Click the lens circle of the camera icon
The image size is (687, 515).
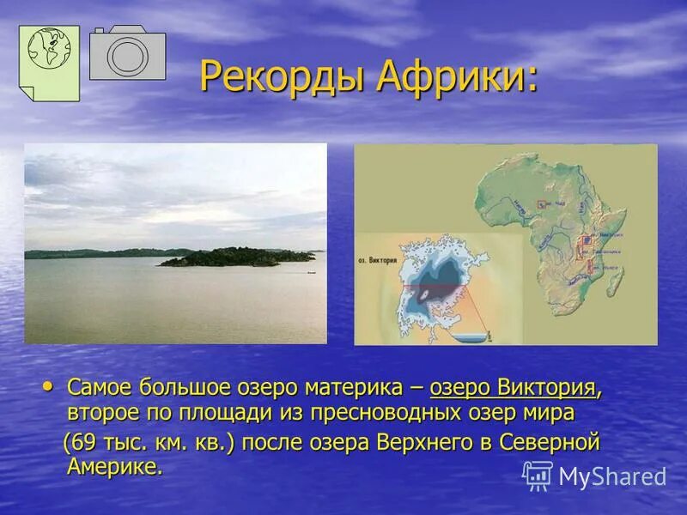128,57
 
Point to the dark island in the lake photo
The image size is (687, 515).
236,257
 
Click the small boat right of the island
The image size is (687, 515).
310,272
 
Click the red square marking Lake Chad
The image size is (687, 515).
541,204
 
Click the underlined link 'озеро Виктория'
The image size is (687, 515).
513,387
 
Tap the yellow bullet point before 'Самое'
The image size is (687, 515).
48,387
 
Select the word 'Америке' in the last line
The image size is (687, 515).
113,467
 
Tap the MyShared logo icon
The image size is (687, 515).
538,476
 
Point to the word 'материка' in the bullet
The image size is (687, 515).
355,387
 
